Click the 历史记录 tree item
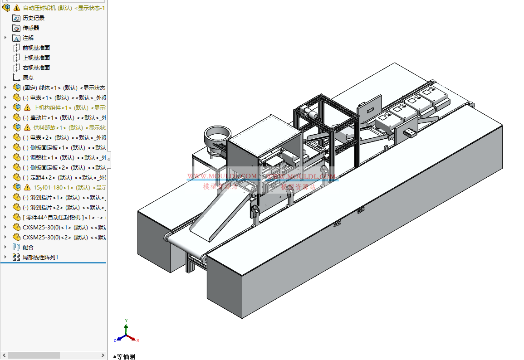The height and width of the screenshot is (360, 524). (x=34, y=18)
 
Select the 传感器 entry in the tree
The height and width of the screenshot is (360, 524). (x=31, y=28)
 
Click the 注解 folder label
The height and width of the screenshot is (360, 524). (x=28, y=38)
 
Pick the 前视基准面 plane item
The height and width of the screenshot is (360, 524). (x=36, y=48)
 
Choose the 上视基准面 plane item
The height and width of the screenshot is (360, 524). (x=36, y=58)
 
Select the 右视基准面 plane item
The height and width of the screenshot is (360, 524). (x=36, y=68)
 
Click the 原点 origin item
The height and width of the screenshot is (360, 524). (x=28, y=78)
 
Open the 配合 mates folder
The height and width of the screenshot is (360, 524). (x=28, y=247)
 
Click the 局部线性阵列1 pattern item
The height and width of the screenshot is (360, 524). (x=40, y=257)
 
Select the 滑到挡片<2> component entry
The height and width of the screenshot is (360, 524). (x=50, y=207)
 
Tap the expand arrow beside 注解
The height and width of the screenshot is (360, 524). (x=5, y=38)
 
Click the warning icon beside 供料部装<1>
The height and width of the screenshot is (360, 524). (x=27, y=127)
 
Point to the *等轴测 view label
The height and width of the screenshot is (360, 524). (x=125, y=357)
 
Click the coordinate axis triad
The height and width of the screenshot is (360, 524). (x=126, y=333)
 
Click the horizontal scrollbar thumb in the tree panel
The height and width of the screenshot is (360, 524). (x=34, y=355)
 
